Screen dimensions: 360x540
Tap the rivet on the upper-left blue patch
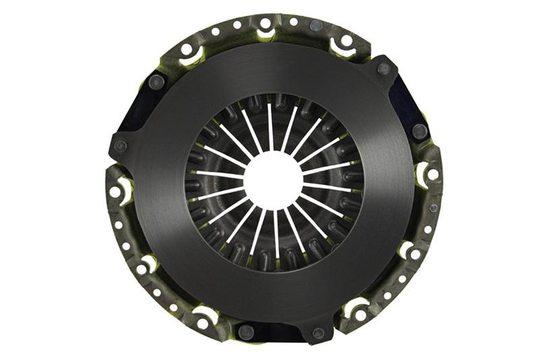[157, 82]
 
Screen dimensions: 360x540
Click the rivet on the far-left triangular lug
[121, 146]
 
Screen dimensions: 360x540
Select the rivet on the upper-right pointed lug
[383, 68]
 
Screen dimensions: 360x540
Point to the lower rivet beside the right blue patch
[418, 131]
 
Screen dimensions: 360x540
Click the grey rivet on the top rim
[316, 25]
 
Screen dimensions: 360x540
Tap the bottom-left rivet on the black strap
[246, 332]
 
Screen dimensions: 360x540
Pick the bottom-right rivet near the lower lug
[318, 333]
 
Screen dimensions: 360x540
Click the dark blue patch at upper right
[406, 101]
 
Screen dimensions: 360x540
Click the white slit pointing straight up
[269, 125]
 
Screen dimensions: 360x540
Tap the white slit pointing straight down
[276, 233]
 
